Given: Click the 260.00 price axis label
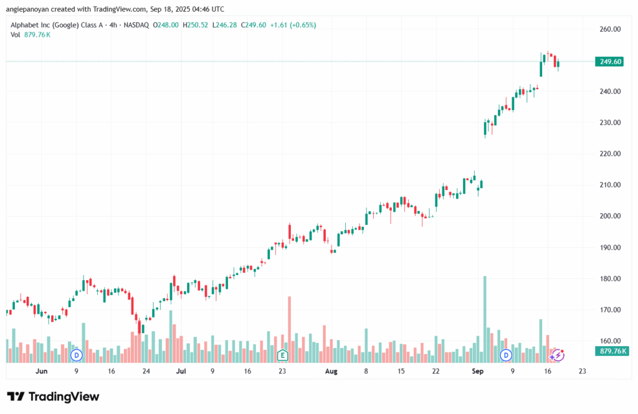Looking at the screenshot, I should [611, 29].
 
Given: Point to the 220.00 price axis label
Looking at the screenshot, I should [611, 154].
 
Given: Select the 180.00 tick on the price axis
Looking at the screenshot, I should [611, 278].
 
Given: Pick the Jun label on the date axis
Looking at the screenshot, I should [42, 371].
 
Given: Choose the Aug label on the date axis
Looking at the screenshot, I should [331, 371].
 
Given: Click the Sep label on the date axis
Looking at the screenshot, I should [478, 371].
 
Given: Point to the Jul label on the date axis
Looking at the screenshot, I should [181, 371].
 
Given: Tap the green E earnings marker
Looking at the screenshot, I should [282, 355].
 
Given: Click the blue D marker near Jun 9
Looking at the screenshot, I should [77, 355].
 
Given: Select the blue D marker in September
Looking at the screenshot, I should [507, 355].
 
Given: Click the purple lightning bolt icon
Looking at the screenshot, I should [558, 355].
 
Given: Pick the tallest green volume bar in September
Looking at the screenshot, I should [484, 318].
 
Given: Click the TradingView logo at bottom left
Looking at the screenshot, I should [53, 397].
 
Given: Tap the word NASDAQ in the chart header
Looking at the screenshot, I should [137, 25].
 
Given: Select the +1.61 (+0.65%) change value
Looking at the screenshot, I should [292, 25].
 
